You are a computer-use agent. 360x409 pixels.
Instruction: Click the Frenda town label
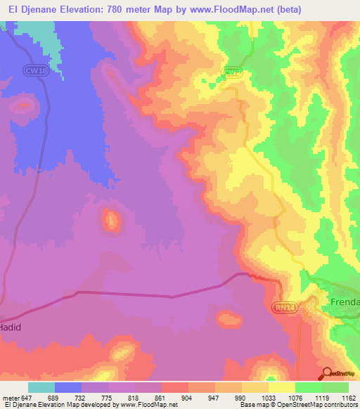(344, 302)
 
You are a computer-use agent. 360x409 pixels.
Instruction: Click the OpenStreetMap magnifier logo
(327, 373)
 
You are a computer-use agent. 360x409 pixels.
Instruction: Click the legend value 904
(188, 397)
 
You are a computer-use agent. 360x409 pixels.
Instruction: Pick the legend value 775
(108, 397)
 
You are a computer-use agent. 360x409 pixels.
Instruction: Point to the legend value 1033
(268, 397)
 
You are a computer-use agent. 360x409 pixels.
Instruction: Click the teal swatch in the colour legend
(41, 387)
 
